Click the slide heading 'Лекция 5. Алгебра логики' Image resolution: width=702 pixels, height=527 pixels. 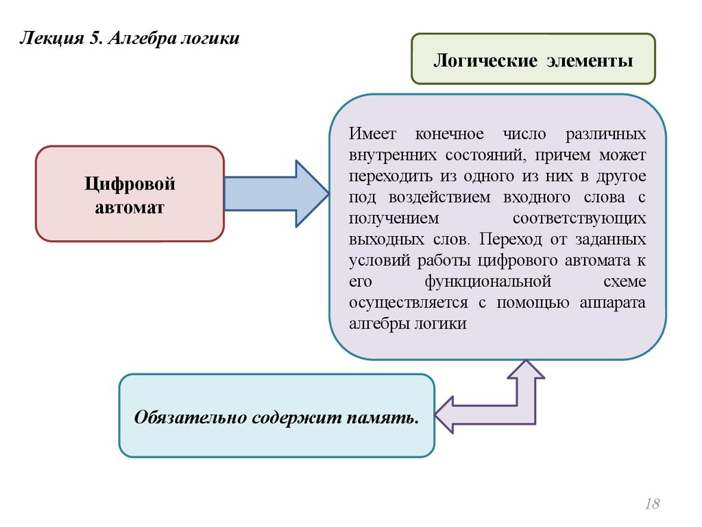click(130, 38)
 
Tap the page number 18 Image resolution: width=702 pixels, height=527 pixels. click(652, 504)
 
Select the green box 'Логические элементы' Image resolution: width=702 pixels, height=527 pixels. click(533, 59)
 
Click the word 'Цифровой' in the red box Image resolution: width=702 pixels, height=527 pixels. click(130, 183)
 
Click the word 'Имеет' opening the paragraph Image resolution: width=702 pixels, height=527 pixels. click(369, 133)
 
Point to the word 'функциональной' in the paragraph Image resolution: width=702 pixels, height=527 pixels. click(488, 281)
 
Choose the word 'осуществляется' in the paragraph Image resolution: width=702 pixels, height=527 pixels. click(408, 303)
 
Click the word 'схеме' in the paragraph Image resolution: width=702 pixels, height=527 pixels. click(625, 281)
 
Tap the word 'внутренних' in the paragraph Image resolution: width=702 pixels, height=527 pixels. click(388, 154)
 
